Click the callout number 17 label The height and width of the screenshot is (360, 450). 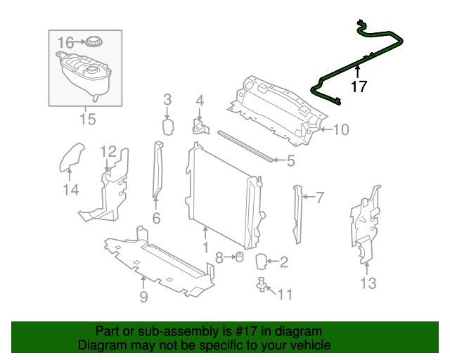pyautogui.click(x=359, y=86)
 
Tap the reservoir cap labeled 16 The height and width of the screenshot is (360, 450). pyautogui.click(x=94, y=42)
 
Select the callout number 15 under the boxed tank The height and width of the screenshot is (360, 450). pyautogui.click(x=87, y=119)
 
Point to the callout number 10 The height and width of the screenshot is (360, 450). pyautogui.click(x=341, y=130)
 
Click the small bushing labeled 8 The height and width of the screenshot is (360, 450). pyautogui.click(x=239, y=257)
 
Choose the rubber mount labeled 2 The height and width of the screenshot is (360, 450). pyautogui.click(x=261, y=262)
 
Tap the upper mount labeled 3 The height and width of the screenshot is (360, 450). pyautogui.click(x=168, y=127)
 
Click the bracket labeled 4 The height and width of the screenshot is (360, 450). pyautogui.click(x=200, y=127)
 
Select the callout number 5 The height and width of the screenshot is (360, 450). pyautogui.click(x=291, y=161)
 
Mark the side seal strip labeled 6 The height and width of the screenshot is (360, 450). pyautogui.click(x=157, y=170)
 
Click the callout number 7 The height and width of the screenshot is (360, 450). pyautogui.click(x=320, y=198)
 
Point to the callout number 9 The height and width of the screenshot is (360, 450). pyautogui.click(x=143, y=297)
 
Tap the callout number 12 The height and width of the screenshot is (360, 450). pyautogui.click(x=108, y=152)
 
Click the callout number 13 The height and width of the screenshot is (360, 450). pyautogui.click(x=368, y=283)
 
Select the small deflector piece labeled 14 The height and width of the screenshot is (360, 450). pyautogui.click(x=71, y=157)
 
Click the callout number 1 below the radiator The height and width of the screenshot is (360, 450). pyautogui.click(x=205, y=247)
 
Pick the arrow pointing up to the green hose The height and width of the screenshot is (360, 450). pyautogui.click(x=358, y=72)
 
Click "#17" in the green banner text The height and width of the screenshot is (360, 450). pyautogui.click(x=244, y=331)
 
